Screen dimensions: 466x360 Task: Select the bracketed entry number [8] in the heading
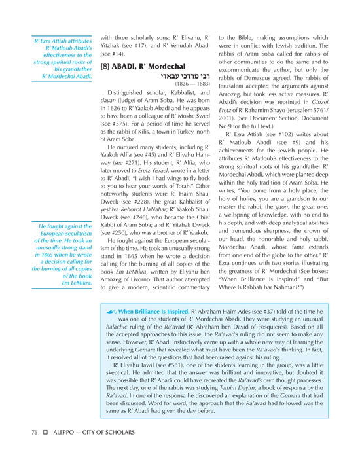pyautogui.click(x=105, y=67)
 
